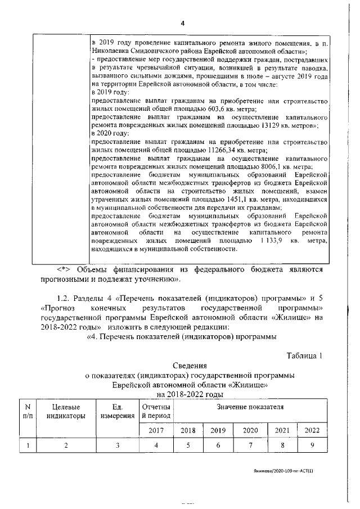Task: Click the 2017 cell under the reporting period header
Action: tap(156, 430)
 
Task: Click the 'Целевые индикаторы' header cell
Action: tap(66, 411)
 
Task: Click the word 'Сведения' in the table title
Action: tap(183, 366)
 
